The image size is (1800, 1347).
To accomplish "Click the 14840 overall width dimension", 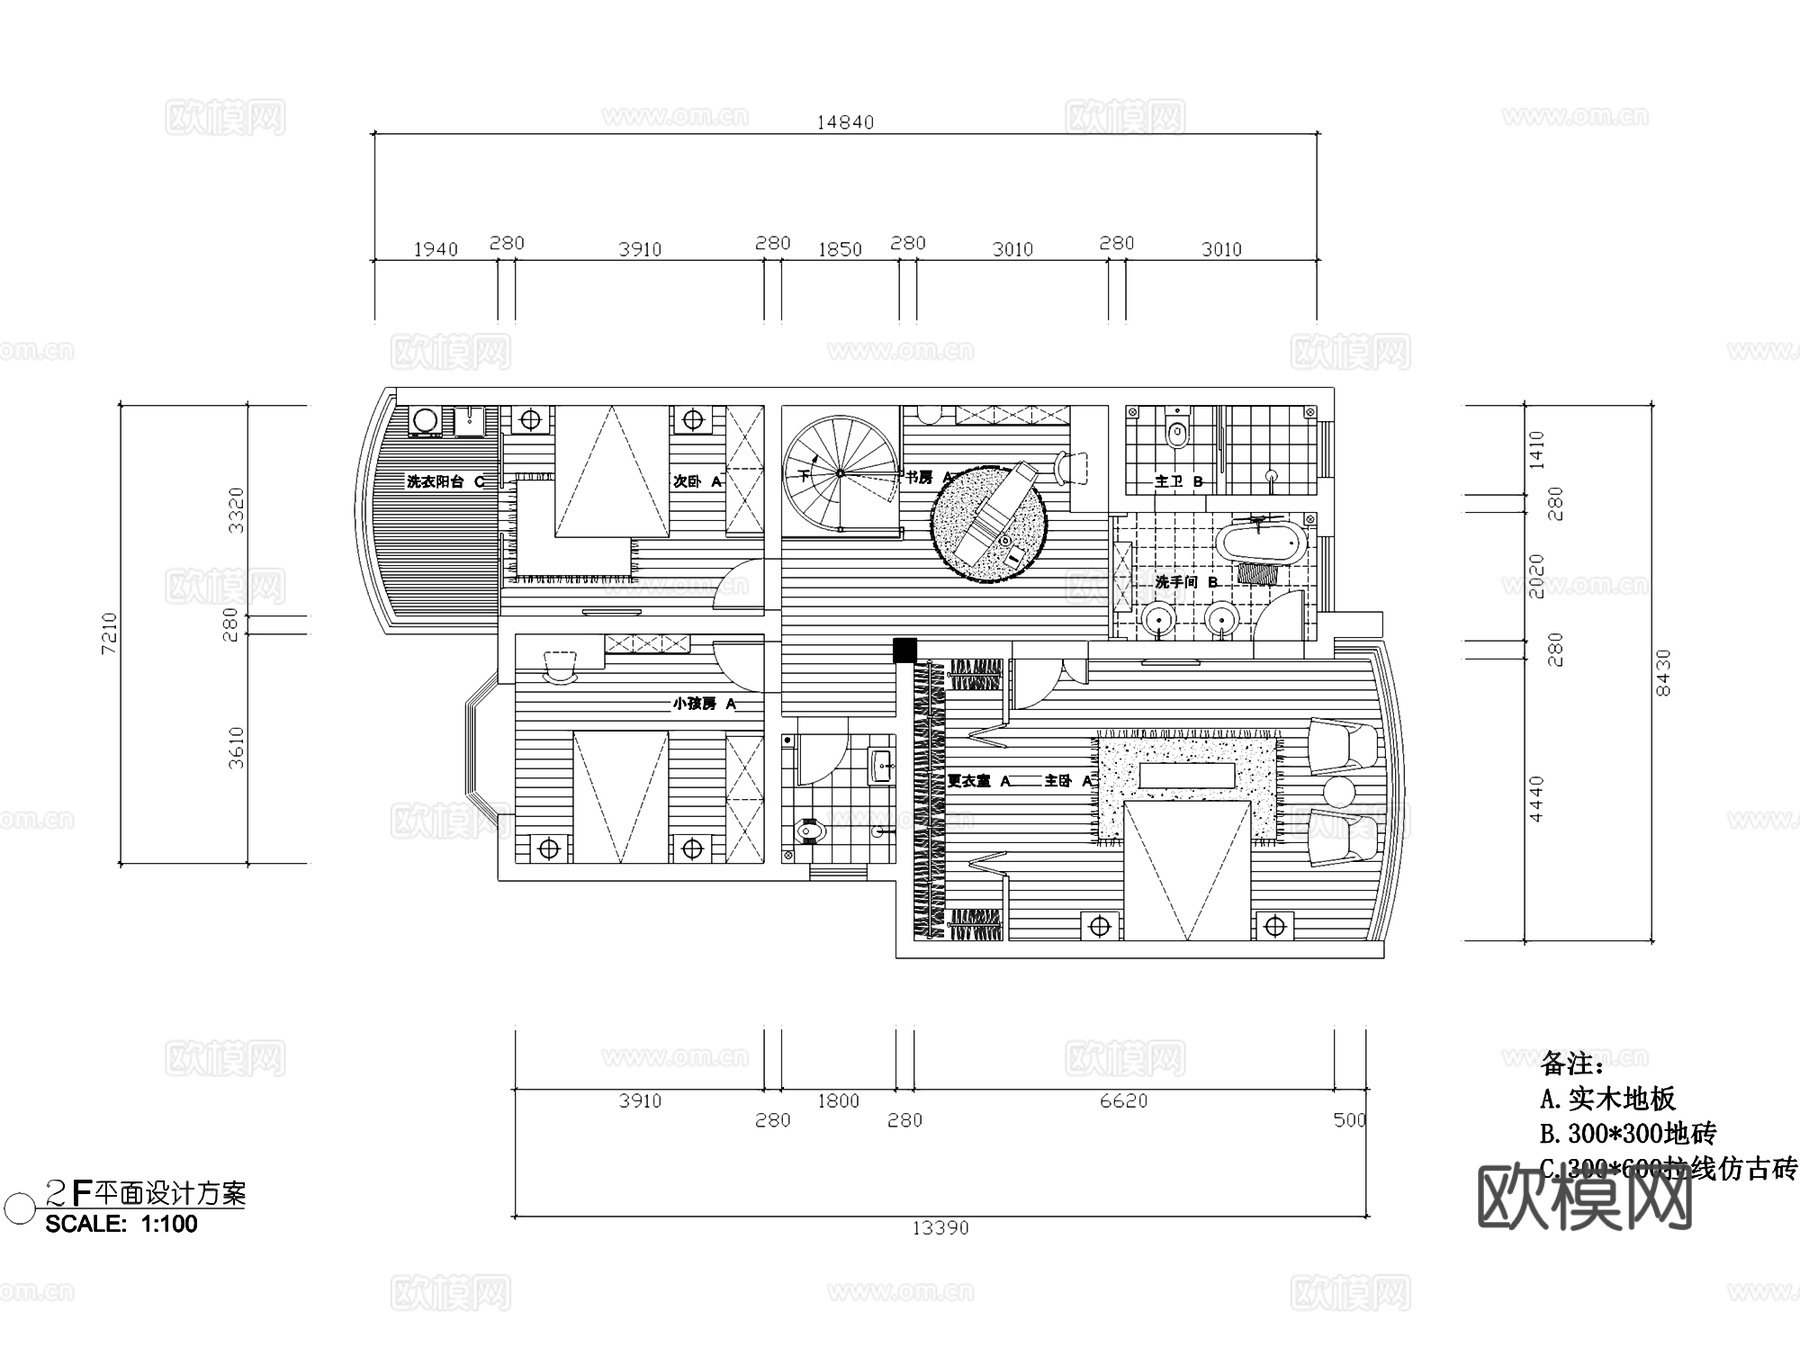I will point(845,122).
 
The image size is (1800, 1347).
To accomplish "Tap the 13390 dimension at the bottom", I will point(940,1227).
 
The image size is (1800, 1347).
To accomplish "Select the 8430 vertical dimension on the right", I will point(1663,672).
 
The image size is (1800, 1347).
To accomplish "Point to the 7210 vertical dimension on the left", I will point(109,633).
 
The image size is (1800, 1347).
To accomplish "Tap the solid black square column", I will point(905,650).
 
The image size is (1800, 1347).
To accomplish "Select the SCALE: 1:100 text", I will point(121,1224).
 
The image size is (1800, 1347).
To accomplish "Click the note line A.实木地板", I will point(1607,1099).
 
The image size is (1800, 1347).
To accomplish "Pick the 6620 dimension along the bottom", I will point(1123,1101).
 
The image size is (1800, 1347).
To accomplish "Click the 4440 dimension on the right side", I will point(1537,798).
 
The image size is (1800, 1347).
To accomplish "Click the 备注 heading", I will point(1572,1062).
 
